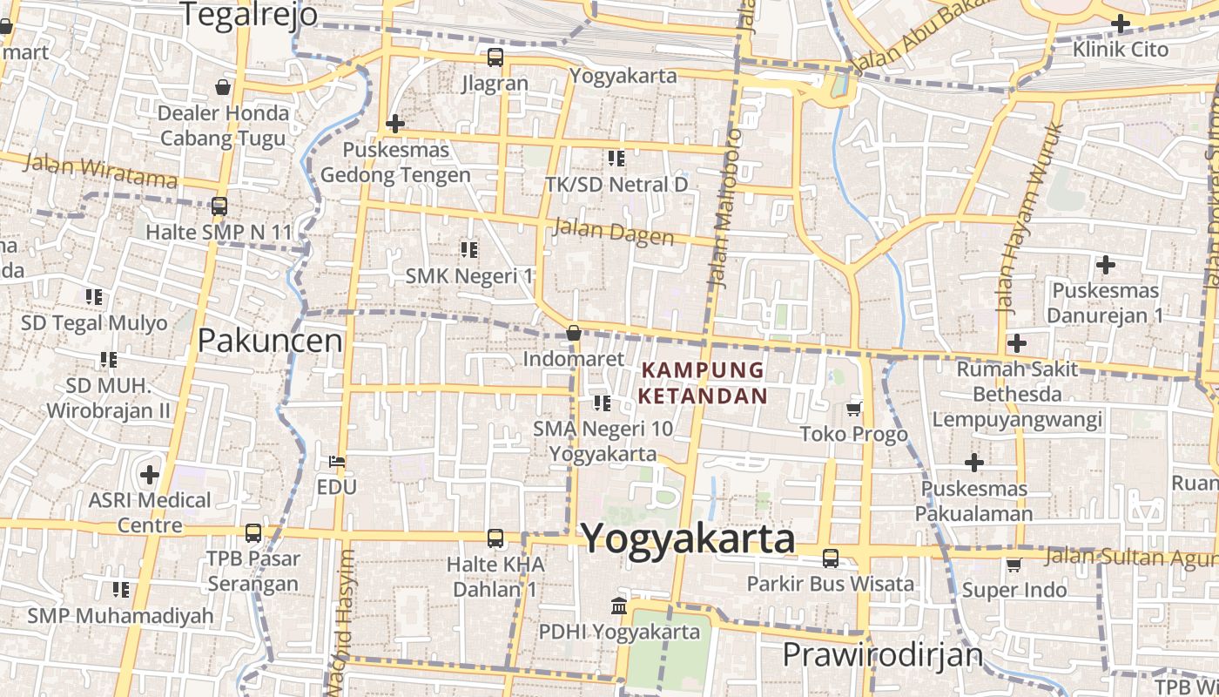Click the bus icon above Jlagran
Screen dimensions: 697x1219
click(495, 58)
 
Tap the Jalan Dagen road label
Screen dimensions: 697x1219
click(613, 232)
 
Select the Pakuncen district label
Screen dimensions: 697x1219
click(270, 341)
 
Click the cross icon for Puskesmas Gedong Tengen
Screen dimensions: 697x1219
click(395, 124)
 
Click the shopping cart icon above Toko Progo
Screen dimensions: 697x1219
click(854, 409)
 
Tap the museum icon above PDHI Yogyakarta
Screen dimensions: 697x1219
click(619, 606)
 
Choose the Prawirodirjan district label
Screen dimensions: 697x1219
click(882, 654)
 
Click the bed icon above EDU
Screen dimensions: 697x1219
click(337, 461)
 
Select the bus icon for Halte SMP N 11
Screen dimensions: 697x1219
click(219, 206)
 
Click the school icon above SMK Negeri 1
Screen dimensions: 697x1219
click(469, 250)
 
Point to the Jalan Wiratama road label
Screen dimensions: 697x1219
click(100, 171)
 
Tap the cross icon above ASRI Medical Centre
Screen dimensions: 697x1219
click(150, 475)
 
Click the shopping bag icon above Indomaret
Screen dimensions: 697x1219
click(573, 333)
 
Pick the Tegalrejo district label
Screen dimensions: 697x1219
click(248, 14)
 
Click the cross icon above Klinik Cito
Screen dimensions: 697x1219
click(1121, 24)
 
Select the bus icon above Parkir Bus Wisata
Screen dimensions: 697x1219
click(831, 558)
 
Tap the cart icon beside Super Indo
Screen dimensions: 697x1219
click(1014, 565)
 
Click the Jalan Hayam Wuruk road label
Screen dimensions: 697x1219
click(1030, 218)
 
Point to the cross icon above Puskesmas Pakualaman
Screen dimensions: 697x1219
click(974, 463)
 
